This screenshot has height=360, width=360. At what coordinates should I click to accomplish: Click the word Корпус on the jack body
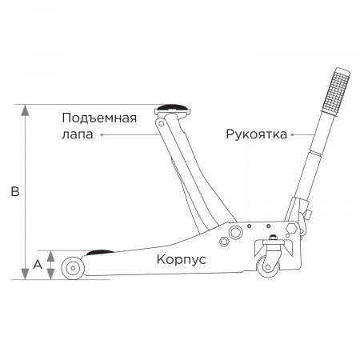(181, 259)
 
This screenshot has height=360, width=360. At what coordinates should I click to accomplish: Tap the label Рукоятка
(257, 134)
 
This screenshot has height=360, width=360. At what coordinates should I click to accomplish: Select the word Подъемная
(99, 118)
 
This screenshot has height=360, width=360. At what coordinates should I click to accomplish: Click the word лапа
(78, 134)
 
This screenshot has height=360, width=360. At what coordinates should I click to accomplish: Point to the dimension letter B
(15, 191)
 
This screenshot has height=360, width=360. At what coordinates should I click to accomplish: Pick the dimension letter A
(38, 265)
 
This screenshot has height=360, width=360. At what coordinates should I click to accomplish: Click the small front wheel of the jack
(73, 268)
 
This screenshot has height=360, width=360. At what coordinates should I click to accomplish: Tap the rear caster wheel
(268, 266)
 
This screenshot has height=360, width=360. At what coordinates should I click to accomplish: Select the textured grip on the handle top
(335, 91)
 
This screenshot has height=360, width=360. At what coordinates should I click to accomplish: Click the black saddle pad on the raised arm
(172, 107)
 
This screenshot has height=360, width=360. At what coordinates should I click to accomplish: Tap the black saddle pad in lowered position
(100, 252)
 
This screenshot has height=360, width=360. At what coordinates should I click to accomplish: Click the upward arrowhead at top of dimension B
(25, 110)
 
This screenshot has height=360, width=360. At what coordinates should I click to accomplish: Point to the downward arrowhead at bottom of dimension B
(25, 274)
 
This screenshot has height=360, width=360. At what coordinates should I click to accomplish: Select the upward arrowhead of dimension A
(50, 256)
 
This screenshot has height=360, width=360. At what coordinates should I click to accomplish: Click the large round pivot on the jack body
(236, 232)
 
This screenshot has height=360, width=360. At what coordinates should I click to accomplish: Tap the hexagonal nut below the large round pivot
(224, 242)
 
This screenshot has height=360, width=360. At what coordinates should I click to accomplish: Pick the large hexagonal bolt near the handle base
(291, 229)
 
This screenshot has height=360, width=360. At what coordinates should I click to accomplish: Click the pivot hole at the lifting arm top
(161, 124)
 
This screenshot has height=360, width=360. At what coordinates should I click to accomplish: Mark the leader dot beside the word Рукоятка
(293, 134)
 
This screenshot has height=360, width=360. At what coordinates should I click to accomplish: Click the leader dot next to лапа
(102, 134)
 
